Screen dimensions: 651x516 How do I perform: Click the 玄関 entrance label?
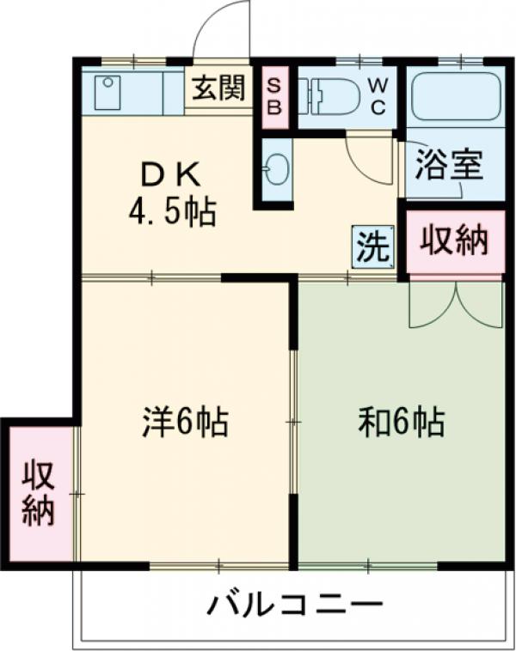coord(218,88)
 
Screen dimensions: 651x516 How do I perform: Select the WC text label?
coord(378,94)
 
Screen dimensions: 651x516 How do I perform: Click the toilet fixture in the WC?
coord(331,96)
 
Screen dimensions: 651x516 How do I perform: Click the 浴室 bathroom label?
coord(447,166)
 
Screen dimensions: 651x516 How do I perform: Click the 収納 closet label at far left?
coord(38,494)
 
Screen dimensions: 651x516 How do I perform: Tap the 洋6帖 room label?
coord(185,422)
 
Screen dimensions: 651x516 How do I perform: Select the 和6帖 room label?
coord(400,422)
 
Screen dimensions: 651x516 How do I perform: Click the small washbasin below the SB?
coord(276,168)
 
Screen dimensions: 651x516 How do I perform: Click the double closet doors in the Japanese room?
coord(455,304)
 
